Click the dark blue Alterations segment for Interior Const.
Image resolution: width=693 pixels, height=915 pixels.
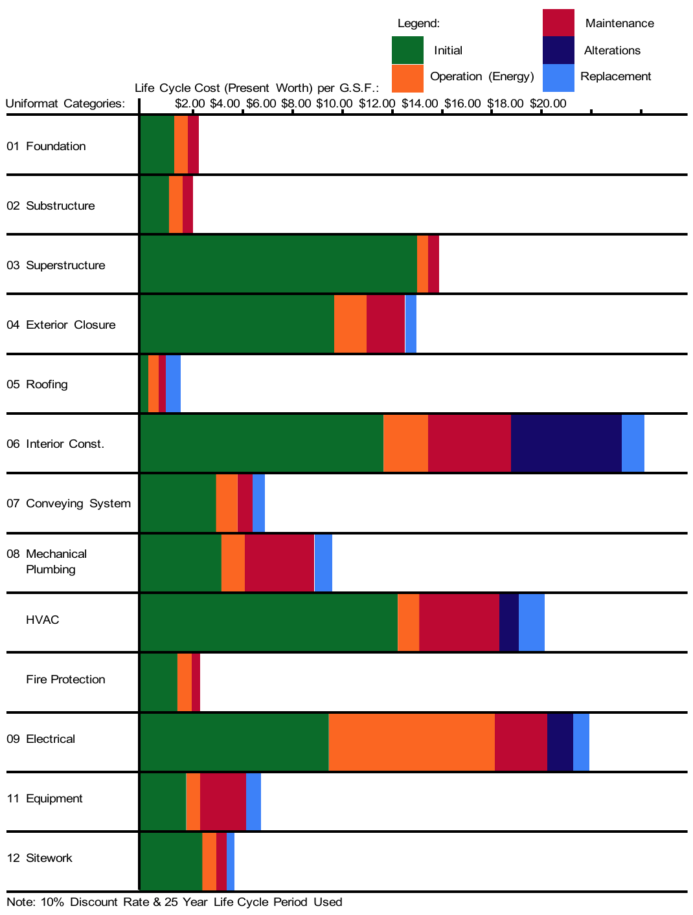[566, 443]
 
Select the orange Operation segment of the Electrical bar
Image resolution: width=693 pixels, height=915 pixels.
[411, 742]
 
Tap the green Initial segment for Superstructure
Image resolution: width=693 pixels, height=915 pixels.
[278, 264]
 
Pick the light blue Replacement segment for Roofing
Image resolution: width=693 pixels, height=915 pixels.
[173, 384]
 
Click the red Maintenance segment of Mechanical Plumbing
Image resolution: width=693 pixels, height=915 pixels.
[279, 562]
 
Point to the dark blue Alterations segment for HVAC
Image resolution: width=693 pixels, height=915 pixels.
[509, 622]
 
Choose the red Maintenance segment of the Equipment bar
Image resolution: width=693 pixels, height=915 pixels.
[223, 801]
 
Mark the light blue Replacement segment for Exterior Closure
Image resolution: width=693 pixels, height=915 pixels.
[411, 324]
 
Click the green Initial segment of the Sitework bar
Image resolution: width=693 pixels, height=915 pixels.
[171, 861]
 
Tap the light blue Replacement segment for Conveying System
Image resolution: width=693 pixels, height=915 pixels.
[258, 503]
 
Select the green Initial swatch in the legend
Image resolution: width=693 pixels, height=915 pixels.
[407, 50]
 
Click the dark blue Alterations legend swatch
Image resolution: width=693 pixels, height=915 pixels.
[558, 50]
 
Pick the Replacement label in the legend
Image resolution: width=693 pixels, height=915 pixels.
[615, 76]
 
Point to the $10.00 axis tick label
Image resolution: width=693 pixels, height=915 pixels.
[334, 104]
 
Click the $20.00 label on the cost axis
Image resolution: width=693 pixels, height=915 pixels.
[548, 104]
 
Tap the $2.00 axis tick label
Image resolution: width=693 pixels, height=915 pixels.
[190, 104]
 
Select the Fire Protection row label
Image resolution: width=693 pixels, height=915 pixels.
[65, 679]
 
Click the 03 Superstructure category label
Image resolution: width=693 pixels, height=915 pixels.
[56, 265]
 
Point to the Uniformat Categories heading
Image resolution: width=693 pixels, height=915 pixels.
[65, 104]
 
